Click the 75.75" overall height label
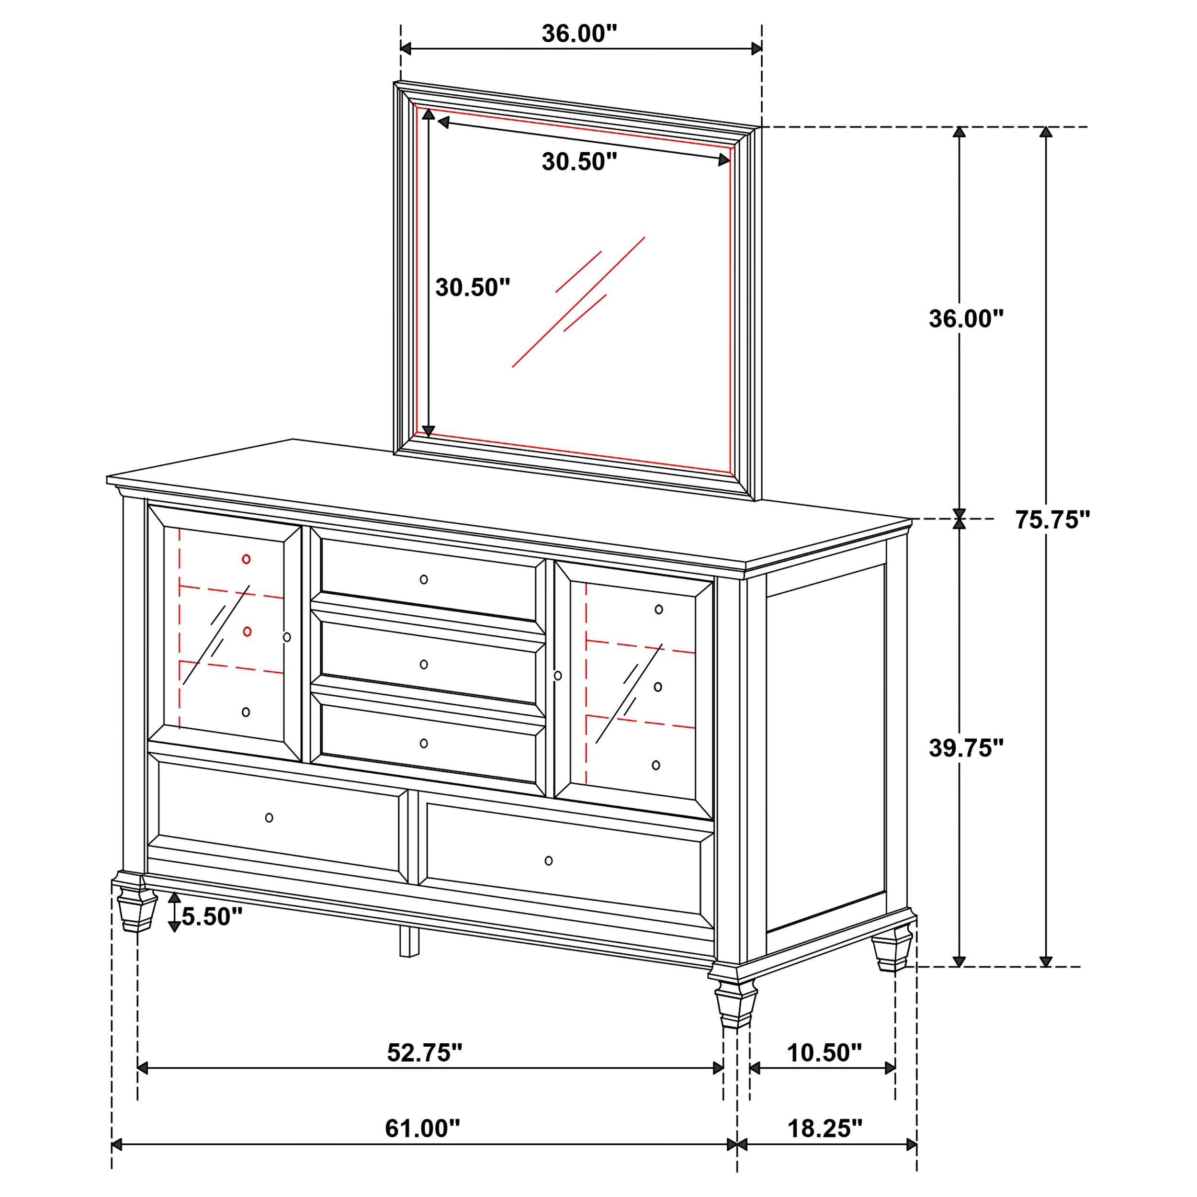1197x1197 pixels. click(x=1052, y=520)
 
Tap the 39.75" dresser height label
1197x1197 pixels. click(x=965, y=748)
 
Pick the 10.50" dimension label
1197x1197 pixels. click(x=824, y=1052)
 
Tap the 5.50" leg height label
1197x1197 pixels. click(x=211, y=917)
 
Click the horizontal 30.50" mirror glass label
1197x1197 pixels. click(x=579, y=162)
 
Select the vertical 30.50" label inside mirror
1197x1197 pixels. click(x=473, y=287)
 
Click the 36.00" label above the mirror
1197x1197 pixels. click(x=579, y=34)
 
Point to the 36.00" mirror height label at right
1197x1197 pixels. click(x=965, y=318)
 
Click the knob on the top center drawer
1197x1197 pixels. click(x=424, y=579)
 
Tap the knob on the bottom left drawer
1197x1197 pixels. click(x=269, y=818)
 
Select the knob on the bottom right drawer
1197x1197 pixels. click(x=548, y=860)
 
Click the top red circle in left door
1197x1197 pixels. click(x=246, y=559)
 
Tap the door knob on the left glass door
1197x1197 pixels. click(x=286, y=637)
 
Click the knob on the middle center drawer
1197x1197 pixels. click(x=424, y=664)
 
